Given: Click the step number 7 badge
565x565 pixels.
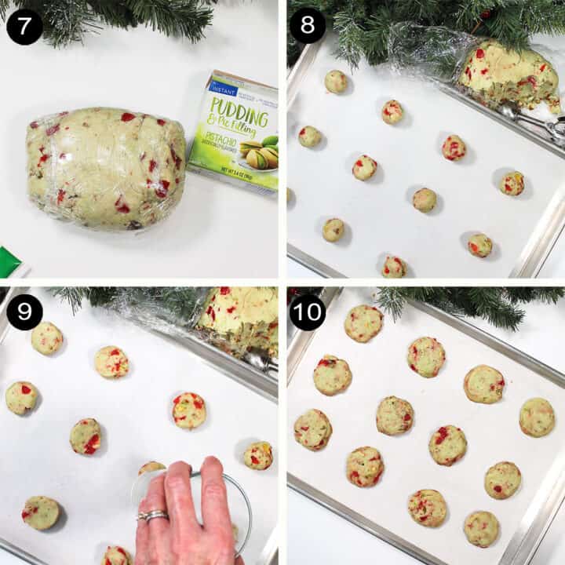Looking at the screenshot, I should pos(24,26).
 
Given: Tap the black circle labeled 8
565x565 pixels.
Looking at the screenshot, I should pos(307,26).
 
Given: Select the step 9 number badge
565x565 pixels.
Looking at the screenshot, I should pos(24,312).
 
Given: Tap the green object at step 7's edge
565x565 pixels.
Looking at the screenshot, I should pos(9,262).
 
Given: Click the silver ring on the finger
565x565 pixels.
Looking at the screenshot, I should pos(153,515).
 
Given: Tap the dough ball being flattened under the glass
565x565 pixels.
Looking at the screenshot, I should pos(152,469).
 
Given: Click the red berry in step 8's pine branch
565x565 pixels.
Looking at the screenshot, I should pos(484,14).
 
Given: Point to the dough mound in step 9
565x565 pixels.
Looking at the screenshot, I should pos(239,318).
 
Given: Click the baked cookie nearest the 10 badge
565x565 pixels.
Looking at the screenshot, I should pos(363,323).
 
